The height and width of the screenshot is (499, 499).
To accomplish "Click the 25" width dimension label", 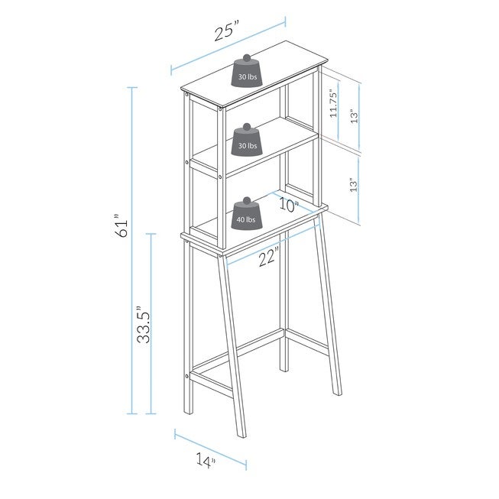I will tap(227, 32).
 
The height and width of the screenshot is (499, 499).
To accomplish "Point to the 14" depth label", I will tap(205, 460).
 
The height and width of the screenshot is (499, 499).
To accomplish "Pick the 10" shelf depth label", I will tap(287, 204).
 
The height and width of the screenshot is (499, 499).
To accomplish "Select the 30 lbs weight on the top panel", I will tap(248, 75).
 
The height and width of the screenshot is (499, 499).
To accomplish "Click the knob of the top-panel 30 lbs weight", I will tap(248, 57).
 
